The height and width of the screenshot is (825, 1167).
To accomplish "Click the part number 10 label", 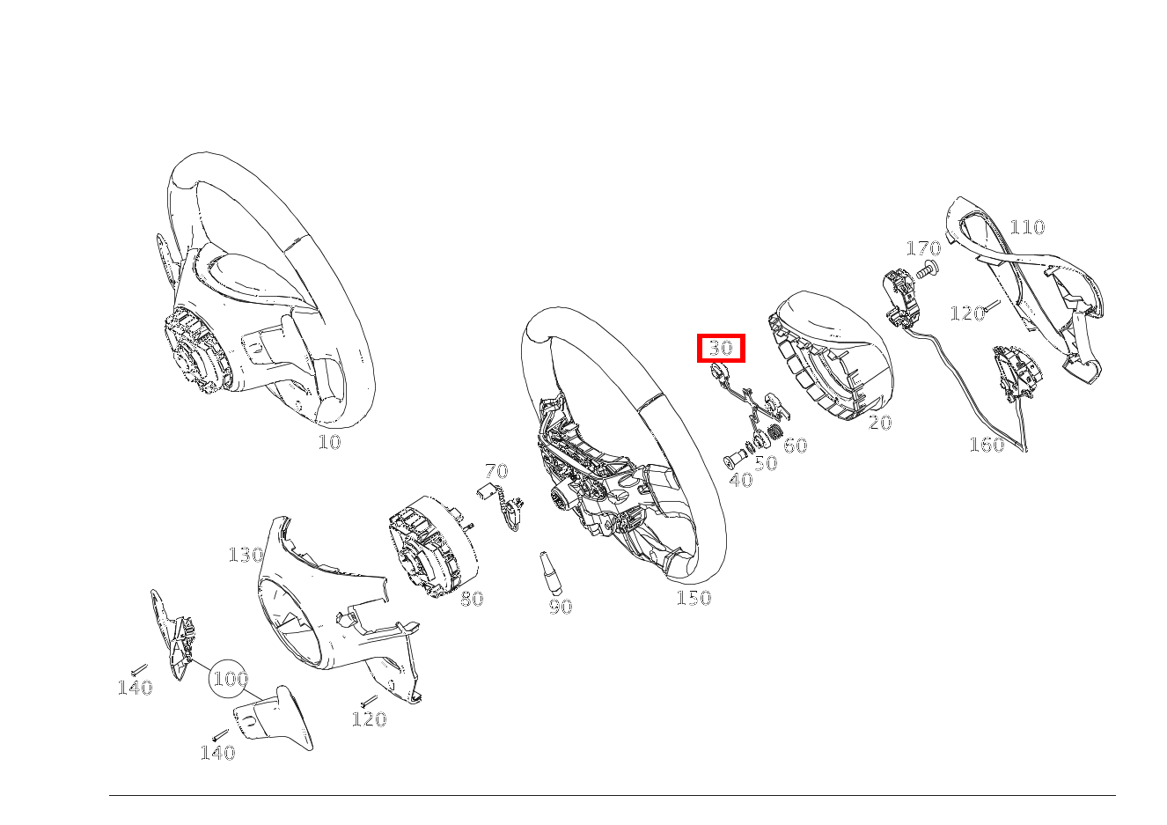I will pos(329,442).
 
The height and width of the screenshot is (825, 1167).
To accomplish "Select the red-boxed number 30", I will pos(721,348).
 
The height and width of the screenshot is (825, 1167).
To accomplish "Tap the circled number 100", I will pos(230,679).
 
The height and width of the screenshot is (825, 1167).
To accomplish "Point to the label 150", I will pos(694,599).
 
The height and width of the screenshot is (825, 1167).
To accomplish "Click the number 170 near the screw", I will pos(923,249).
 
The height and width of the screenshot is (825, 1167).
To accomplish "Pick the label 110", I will pos(1026,227).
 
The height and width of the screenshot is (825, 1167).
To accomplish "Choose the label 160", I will pos(987,445).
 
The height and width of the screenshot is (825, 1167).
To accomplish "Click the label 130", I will pos(246,555).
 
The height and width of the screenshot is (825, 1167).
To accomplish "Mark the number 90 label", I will pos(561,607).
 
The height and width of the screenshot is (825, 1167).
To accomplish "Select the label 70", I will pos(496,471).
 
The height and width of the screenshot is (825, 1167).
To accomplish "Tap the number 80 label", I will pos(472,600).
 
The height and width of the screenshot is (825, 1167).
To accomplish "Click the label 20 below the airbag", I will pos(880,424).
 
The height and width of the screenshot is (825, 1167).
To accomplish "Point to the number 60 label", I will pos(795,446).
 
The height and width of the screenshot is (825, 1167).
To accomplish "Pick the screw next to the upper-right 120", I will pos(992,306).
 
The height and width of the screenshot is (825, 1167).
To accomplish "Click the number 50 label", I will pos(766,464).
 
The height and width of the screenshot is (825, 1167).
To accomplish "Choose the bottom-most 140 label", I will pos(217,753).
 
